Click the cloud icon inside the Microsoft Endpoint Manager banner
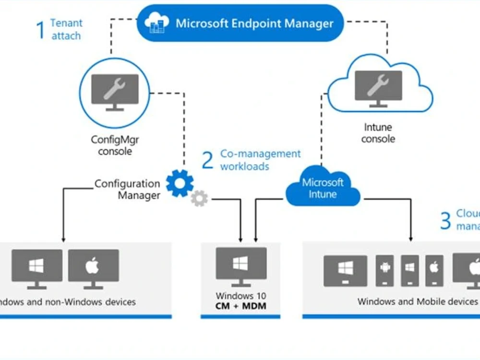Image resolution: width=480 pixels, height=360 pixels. tap(157, 23)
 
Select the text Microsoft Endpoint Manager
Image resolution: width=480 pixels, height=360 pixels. tap(254, 23)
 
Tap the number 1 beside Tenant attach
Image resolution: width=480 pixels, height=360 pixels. tap(40, 29)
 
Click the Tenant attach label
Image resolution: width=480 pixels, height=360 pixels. tap(66, 29)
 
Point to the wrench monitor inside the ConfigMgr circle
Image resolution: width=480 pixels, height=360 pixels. tap(115, 91)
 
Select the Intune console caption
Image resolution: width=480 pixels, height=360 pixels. tap(378, 133)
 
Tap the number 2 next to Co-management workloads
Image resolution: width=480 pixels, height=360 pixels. tap(207, 160)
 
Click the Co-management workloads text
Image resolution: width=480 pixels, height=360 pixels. tap(260, 160)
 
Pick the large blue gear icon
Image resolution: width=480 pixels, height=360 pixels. tap(180, 183)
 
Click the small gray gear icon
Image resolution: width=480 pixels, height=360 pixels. tap(199, 198)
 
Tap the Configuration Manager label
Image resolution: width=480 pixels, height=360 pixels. tap(127, 189)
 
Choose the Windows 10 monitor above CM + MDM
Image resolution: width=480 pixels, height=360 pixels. tap(240, 266)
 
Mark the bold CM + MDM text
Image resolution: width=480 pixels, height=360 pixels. tap(240, 306)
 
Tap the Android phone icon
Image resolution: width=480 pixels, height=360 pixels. tap(385, 270)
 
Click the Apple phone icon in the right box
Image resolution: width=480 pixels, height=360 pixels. tap(434, 270)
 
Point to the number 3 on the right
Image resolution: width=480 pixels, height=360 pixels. tap(445, 221)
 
